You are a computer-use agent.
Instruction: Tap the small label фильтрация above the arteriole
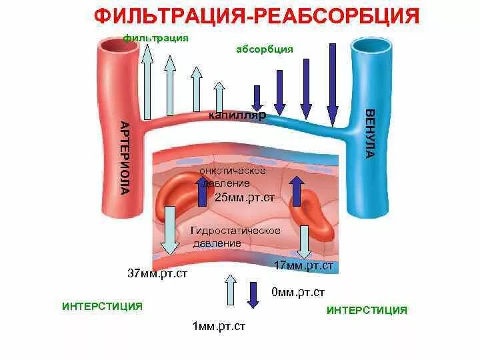coord(156,38)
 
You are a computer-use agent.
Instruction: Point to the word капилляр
coord(237,115)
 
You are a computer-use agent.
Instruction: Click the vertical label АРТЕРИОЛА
coord(124,157)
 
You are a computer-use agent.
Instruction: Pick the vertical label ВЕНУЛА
coord(369,133)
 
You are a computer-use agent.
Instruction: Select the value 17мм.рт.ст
coord(303,265)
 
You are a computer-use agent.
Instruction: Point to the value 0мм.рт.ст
coord(298,292)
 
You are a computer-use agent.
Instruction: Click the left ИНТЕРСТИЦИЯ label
coord(102,306)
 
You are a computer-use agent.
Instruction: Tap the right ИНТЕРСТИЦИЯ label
coord(367,310)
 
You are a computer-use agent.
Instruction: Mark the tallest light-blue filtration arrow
coord(147,80)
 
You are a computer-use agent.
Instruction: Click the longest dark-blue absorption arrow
coord(331,83)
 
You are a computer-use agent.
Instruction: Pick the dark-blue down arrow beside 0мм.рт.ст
coord(253,294)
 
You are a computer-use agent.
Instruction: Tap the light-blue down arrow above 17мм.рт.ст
coord(304,241)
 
